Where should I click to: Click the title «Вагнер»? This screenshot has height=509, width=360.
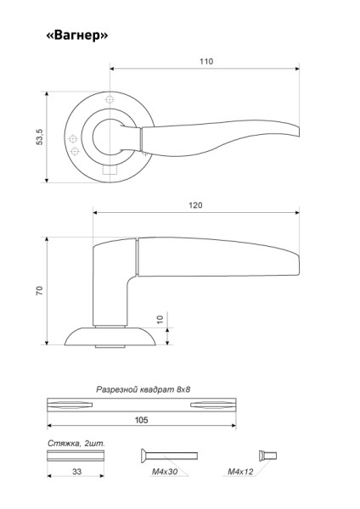[77, 35]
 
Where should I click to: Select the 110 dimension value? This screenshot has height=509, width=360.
[206, 61]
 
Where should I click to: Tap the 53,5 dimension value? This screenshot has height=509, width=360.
[40, 137]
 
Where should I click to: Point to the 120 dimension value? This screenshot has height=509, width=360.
[195, 205]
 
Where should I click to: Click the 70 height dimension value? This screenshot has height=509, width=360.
[40, 290]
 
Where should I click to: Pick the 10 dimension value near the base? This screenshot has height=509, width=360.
[160, 320]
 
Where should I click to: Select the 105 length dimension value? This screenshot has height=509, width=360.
[141, 420]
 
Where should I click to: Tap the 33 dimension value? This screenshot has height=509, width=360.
[76, 472]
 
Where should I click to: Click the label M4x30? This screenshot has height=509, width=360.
[165, 472]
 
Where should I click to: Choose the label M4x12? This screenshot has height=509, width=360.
[240, 472]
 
